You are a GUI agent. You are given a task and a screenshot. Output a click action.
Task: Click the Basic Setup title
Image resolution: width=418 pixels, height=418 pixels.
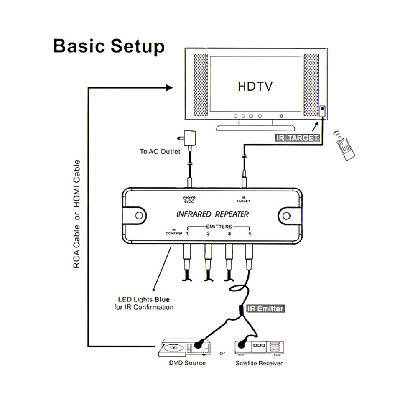click(x=109, y=46)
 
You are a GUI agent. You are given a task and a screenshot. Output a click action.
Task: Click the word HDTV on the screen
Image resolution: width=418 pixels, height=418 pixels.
click(x=255, y=87)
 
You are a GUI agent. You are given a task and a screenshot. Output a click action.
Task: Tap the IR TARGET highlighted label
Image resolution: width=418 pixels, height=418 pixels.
click(x=297, y=138)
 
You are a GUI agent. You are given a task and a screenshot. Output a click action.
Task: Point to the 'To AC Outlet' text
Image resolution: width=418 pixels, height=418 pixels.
click(x=160, y=151)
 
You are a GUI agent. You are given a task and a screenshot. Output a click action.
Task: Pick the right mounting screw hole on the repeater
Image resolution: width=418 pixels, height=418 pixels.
click(x=286, y=215)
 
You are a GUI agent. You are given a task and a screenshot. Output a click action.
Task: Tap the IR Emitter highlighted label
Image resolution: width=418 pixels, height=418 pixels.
click(x=265, y=309)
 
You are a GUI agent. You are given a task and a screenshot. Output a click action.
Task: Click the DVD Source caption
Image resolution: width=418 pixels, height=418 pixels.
click(x=187, y=363)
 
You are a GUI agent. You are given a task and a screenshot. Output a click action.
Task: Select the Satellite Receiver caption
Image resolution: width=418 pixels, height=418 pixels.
click(x=258, y=363)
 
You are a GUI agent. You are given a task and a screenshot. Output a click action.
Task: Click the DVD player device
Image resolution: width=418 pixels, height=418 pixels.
click(x=184, y=347)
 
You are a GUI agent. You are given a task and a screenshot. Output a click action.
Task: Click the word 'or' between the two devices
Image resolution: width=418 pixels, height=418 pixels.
click(x=222, y=353)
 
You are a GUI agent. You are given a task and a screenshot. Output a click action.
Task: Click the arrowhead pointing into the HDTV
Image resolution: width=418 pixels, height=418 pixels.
click(x=169, y=87)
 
